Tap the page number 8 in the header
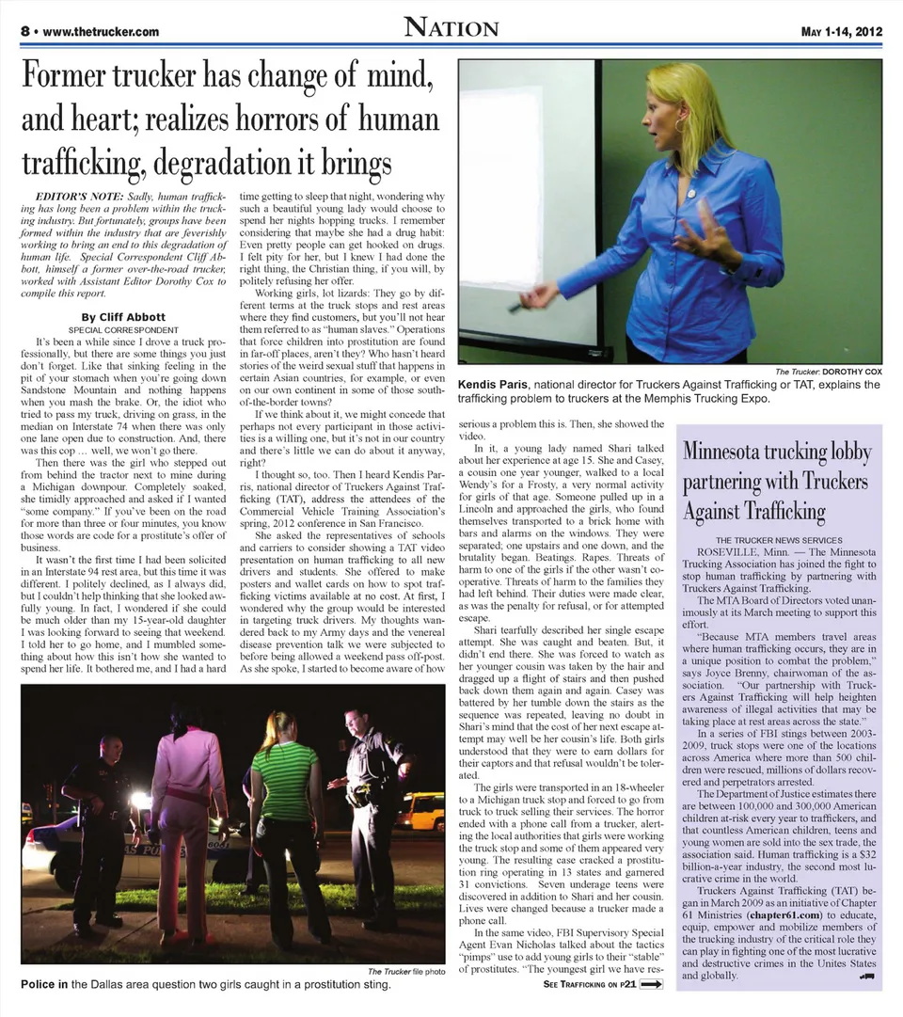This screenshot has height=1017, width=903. [x=24, y=31]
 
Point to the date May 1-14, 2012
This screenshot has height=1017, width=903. [x=841, y=31]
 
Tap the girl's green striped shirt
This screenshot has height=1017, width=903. [x=282, y=780]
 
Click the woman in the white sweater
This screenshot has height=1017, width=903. [x=188, y=771]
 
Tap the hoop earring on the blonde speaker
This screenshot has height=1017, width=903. [x=677, y=125]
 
